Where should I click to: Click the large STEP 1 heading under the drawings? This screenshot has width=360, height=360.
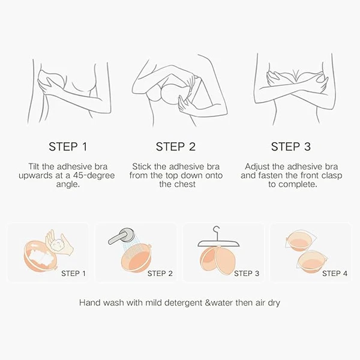tap(68, 147)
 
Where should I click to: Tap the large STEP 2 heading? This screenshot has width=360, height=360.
tap(176, 147)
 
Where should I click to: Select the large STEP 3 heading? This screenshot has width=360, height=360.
tap(290, 147)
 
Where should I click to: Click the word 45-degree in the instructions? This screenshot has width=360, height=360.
tap(94, 176)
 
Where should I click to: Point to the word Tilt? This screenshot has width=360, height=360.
tap(34, 166)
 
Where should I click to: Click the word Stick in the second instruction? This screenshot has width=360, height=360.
tap(142, 166)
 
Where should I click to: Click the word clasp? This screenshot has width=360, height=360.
tap(332, 176)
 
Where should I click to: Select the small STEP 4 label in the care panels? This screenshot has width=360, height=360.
tap(335, 274)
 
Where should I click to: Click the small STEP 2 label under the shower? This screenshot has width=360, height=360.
tap(160, 274)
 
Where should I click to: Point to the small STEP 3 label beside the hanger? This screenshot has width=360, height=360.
tap(247, 274)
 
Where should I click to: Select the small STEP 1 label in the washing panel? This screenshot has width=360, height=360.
tap(73, 274)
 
